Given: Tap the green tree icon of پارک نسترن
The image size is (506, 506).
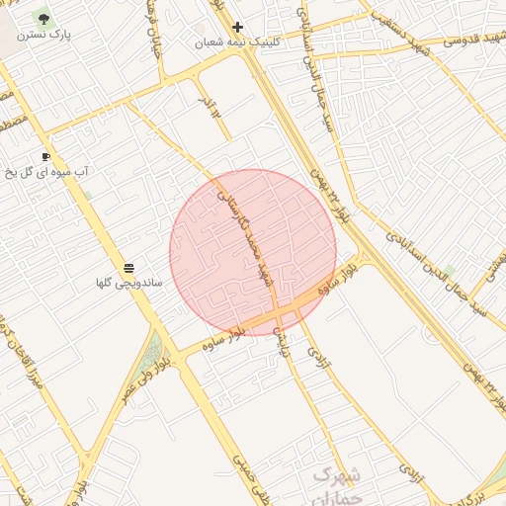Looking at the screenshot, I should pyautogui.click(x=43, y=18).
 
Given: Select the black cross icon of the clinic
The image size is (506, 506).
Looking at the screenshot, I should pyautogui.click(x=237, y=27).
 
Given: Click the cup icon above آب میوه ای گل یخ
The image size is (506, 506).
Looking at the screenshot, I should pyautogui.click(x=45, y=156).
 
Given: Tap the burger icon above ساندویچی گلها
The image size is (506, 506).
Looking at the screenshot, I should pyautogui.click(x=129, y=268).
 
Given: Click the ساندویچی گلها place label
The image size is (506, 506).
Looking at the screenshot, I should pyautogui.click(x=128, y=284).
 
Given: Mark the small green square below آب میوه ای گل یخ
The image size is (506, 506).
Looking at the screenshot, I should pyautogui.click(x=87, y=196).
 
